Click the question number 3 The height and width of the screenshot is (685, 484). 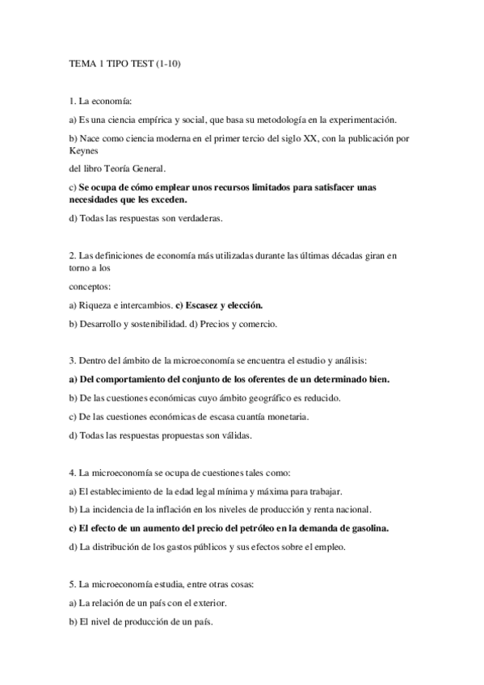pos(72,359)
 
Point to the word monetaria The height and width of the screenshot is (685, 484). pos(288,417)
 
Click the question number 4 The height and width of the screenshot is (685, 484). pos(72,472)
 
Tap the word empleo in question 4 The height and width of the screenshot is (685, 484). pos(330,547)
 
